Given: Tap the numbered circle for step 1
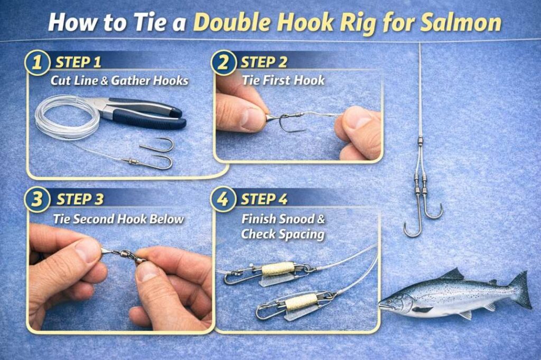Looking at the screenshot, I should point(36,63).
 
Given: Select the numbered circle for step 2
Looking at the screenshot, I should point(222,63).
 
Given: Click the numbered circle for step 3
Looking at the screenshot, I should point(36,201).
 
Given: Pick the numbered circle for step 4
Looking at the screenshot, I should point(222,201).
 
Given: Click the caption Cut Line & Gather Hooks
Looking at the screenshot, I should point(119,81).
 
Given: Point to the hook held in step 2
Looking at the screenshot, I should point(288,122).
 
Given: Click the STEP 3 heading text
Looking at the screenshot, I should point(80,200).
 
